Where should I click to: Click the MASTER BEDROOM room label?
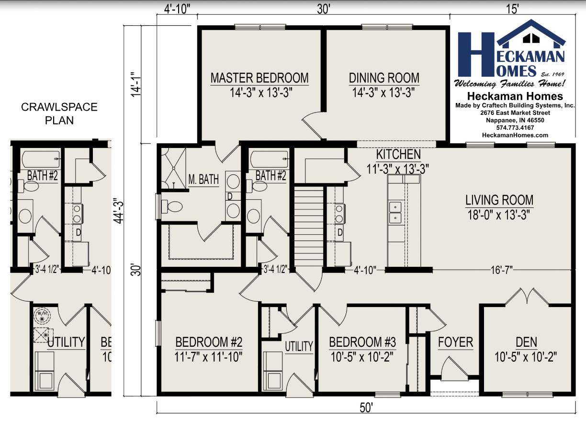[x=259, y=78]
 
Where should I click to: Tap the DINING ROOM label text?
[x=383, y=78]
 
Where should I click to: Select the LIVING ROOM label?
[x=499, y=200]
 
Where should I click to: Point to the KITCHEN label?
[x=398, y=154]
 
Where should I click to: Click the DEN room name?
[x=526, y=342]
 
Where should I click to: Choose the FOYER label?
[x=455, y=342]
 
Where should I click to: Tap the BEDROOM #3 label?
[x=362, y=342]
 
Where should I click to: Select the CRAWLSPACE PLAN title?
[x=59, y=113]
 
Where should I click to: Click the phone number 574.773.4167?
[x=515, y=128]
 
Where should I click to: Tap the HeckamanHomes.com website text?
[x=515, y=135]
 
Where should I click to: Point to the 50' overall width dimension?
[x=366, y=408]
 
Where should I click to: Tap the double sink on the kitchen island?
[x=395, y=212]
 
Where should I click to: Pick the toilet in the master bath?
[x=172, y=206]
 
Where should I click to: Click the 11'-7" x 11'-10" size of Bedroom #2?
[x=209, y=356]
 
